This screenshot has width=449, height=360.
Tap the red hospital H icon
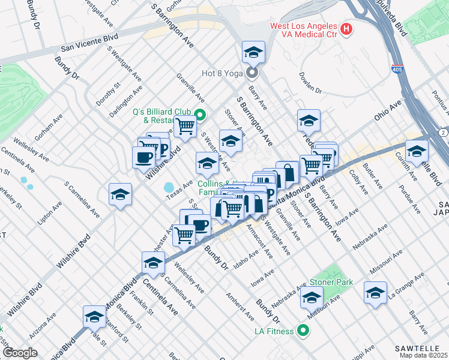click(x=346, y=29)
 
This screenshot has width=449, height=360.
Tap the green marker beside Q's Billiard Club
click(x=201, y=115)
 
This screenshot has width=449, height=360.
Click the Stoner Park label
click(x=331, y=282)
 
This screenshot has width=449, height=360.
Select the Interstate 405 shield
click(x=397, y=70)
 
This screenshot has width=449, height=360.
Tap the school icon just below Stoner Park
click(x=312, y=296)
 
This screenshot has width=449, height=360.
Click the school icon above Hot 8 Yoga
click(x=253, y=52)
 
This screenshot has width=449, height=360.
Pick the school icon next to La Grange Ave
click(x=375, y=292)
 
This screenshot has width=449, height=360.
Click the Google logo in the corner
click(x=20, y=353)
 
